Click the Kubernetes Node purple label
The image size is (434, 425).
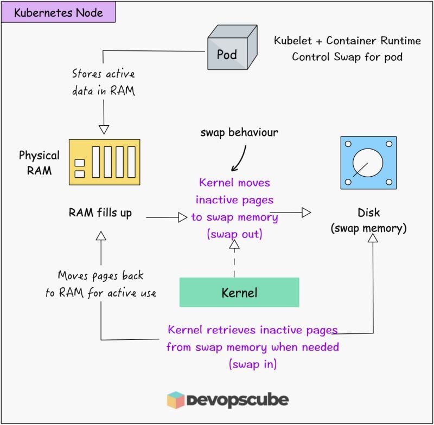click(x=59, y=12)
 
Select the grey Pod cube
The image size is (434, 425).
click(x=233, y=47)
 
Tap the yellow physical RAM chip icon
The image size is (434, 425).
click(x=104, y=162)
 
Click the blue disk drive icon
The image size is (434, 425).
click(x=368, y=163)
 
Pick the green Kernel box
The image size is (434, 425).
click(x=239, y=292)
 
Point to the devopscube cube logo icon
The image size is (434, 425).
click(x=175, y=400)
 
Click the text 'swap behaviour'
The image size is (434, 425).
click(x=239, y=132)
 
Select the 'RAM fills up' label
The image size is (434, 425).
click(x=100, y=213)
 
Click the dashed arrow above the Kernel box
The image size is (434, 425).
click(x=234, y=258)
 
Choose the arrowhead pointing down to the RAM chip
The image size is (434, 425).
click(x=104, y=130)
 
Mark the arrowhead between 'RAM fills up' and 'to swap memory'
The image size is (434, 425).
click(x=183, y=217)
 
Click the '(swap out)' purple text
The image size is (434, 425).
click(x=235, y=234)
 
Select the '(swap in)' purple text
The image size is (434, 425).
click(x=253, y=364)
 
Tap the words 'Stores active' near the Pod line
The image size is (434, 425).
click(x=103, y=74)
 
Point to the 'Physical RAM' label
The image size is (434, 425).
click(x=39, y=163)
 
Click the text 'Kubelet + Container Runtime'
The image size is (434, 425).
click(x=347, y=41)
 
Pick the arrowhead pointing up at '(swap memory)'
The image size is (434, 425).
click(x=373, y=238)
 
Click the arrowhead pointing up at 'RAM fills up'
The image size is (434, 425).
click(x=101, y=236)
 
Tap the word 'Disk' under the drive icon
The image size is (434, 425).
click(x=369, y=212)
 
